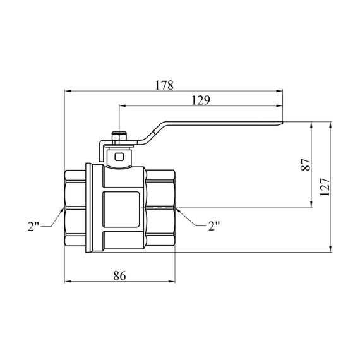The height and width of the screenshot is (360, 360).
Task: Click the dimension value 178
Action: pos(164,85)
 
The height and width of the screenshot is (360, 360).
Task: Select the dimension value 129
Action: pos(201,100)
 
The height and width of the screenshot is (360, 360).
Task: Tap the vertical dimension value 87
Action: pos(306,164)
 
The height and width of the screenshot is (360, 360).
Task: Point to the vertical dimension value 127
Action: pos(325,187)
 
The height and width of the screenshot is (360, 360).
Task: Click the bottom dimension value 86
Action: pos(119,275)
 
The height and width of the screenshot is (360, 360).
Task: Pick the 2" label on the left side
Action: pos(33,226)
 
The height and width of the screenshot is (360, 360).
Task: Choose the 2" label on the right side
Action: pos(214,226)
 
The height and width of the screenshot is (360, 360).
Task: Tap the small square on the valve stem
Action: pos(119,157)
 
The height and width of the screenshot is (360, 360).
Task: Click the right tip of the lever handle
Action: pos(282,123)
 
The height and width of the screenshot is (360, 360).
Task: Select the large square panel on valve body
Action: pos(121,210)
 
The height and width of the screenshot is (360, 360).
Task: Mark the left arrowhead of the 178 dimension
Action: pos(68,91)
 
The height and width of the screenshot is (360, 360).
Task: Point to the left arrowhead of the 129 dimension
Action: pos(123,106)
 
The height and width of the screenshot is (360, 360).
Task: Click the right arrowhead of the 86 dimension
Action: pos(172,282)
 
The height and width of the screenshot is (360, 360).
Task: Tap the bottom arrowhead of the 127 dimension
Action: pos(330,249)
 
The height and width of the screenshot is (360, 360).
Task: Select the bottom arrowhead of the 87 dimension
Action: pos(311,205)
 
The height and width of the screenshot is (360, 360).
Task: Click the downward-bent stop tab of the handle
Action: pos(101,152)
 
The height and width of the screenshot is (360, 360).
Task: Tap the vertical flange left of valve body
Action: pos(89,208)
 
